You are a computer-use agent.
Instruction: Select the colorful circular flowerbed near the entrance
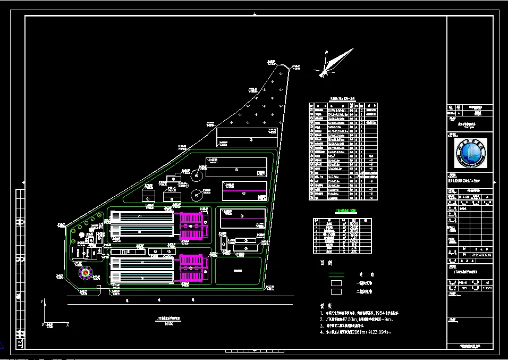point(85,272)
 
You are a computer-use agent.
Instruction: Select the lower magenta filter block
point(192,267)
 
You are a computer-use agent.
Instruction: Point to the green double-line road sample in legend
point(337,275)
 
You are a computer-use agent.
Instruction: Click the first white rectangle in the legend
point(337,283)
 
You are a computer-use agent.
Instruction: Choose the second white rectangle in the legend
point(337,291)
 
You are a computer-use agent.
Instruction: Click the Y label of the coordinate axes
point(41,302)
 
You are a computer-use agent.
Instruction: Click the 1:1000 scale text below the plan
point(169,324)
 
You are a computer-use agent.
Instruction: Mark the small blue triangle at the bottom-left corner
point(3,344)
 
